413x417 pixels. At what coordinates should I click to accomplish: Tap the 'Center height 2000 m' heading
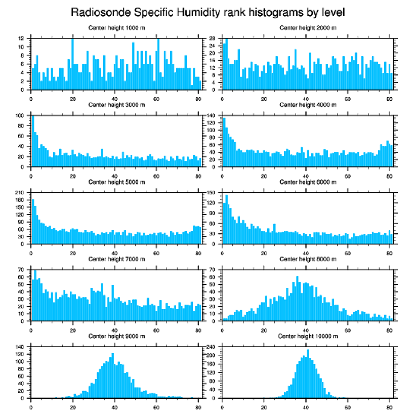click(308, 27)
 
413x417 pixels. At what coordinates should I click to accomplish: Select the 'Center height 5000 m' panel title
click(116, 182)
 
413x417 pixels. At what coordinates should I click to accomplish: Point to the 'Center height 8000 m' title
click(308, 259)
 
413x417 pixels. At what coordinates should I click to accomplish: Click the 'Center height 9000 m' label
click(116, 336)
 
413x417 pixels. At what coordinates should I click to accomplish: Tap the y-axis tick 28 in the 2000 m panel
click(213, 38)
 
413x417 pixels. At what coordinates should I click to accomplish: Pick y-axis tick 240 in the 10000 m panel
click(212, 347)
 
